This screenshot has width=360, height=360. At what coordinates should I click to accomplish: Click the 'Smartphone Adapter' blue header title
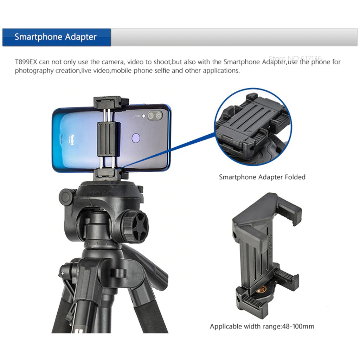click(x=56, y=37)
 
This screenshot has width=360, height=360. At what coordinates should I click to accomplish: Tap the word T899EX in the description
click(x=26, y=62)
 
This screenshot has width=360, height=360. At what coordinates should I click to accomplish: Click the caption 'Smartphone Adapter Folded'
click(x=262, y=177)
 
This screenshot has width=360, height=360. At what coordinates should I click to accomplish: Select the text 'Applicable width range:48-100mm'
click(x=262, y=327)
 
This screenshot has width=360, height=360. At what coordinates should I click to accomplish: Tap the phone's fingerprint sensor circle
click(x=136, y=138)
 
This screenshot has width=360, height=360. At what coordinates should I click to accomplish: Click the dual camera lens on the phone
click(x=155, y=116)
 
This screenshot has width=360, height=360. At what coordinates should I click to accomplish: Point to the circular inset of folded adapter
click(x=253, y=127)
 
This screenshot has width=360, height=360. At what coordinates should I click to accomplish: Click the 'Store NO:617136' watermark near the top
click(x=295, y=58)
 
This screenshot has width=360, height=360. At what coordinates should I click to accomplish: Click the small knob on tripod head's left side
click(x=66, y=197)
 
